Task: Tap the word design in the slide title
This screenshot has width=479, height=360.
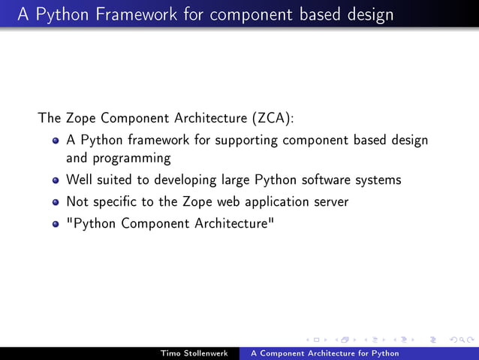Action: (368, 15)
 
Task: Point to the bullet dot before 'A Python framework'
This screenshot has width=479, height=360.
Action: (56, 141)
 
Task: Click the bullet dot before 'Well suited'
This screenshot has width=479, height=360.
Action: (56, 180)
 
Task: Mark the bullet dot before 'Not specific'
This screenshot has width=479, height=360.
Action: (56, 202)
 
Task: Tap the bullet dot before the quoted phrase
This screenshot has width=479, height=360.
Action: (56, 223)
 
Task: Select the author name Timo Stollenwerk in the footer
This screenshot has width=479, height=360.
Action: (194, 353)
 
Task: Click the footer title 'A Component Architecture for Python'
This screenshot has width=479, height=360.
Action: (324, 353)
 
